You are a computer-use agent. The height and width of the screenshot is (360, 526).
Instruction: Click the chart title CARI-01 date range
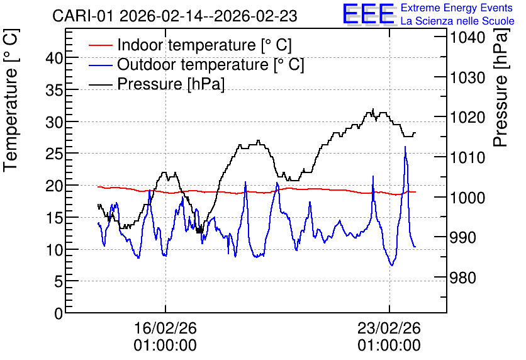point(174,16)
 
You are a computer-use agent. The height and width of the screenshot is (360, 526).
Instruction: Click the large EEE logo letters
point(369,14)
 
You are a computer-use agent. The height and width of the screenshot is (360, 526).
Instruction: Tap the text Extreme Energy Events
point(457,8)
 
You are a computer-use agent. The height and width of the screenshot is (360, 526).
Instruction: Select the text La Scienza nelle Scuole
point(457,21)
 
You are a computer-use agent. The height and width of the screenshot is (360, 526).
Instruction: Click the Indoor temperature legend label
point(204,45)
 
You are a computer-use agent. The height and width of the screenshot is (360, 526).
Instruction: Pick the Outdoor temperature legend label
point(210,64)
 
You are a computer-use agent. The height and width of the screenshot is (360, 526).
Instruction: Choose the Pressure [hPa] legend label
point(171,84)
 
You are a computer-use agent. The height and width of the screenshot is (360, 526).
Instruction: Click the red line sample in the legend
point(101,45)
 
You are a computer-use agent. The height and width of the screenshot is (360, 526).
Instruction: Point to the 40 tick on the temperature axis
point(54,58)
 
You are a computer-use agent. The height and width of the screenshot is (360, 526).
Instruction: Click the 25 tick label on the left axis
point(54,154)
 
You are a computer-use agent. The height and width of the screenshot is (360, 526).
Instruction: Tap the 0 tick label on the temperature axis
point(59,313)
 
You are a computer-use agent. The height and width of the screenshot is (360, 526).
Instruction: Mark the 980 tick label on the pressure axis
point(463,278)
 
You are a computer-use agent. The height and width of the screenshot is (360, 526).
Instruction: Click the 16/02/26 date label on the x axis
point(165,328)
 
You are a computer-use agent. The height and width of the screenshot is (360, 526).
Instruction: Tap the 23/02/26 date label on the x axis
point(389,328)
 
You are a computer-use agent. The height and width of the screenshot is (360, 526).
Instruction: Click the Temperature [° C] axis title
point(11,100)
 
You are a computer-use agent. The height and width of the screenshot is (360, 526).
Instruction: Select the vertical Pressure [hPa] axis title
point(501,87)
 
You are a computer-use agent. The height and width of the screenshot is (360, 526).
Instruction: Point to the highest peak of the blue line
point(405,147)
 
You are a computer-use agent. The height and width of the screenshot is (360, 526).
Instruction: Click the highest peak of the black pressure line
point(373,109)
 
